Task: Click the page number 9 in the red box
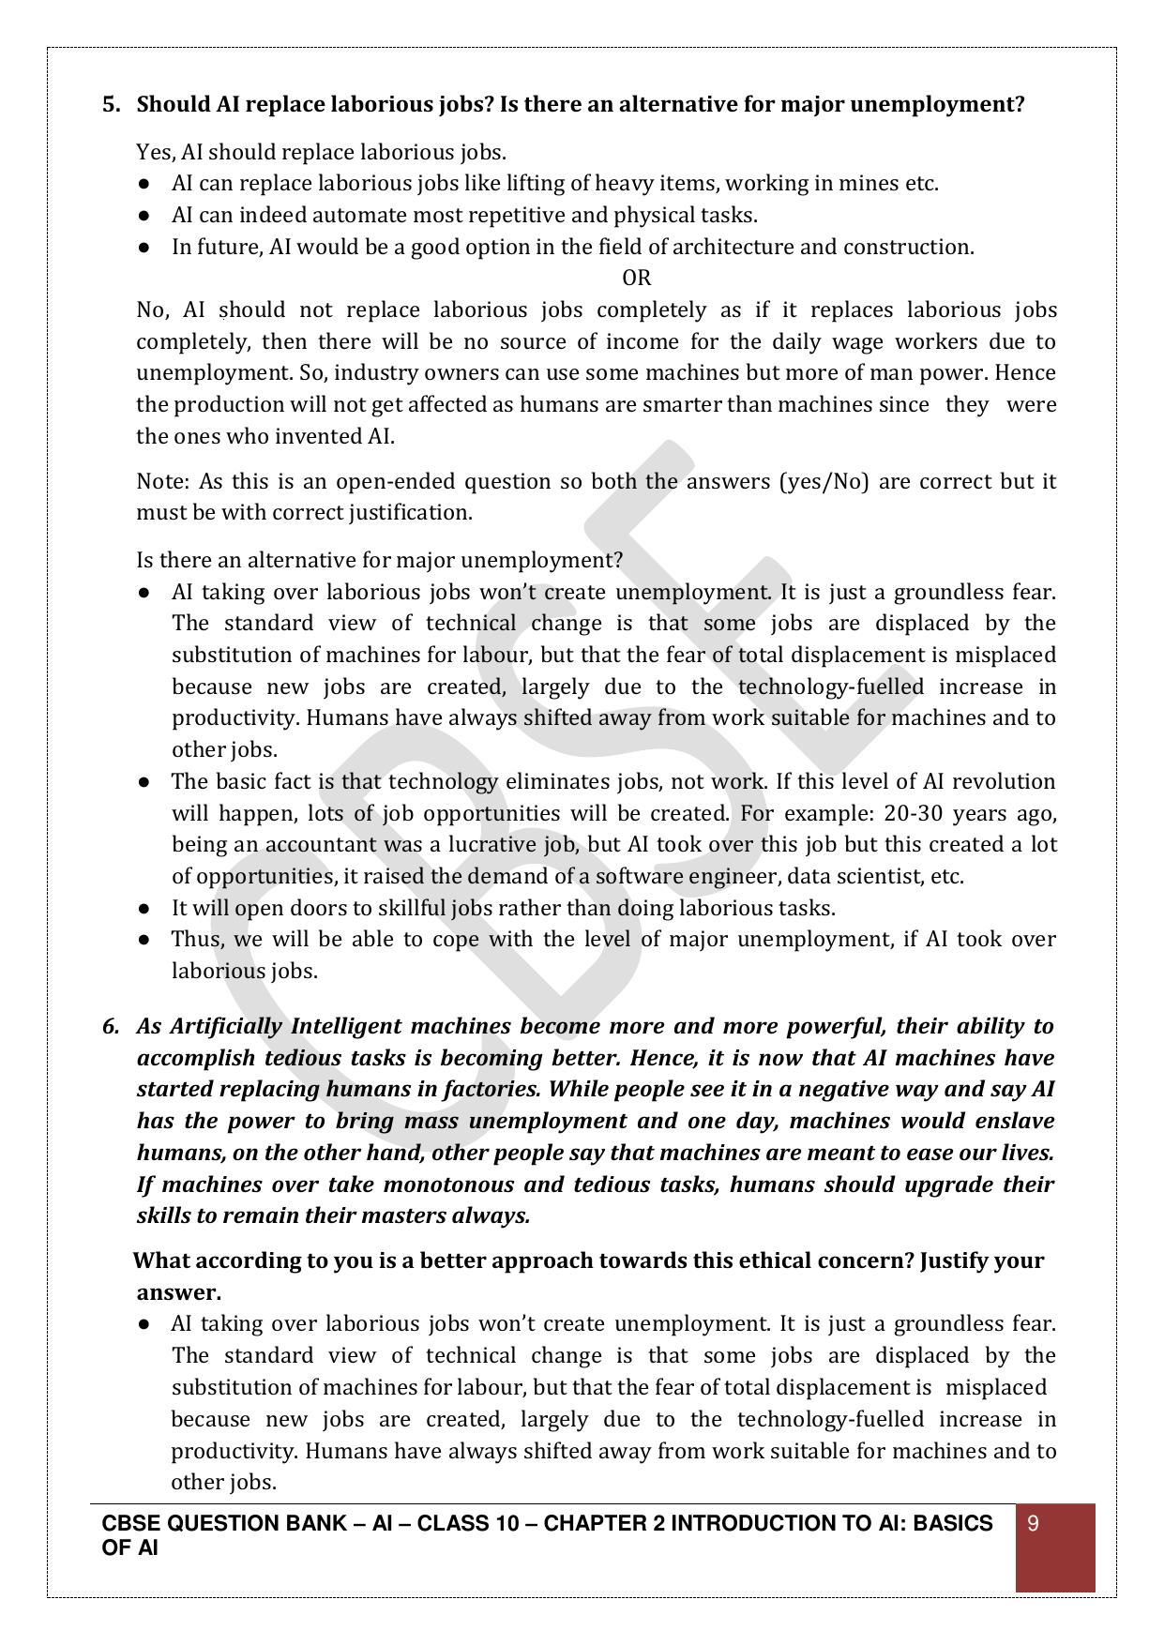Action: point(1034,1524)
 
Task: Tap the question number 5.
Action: point(111,104)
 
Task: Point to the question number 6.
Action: point(111,1026)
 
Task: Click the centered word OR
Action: point(637,278)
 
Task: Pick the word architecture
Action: point(733,247)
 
